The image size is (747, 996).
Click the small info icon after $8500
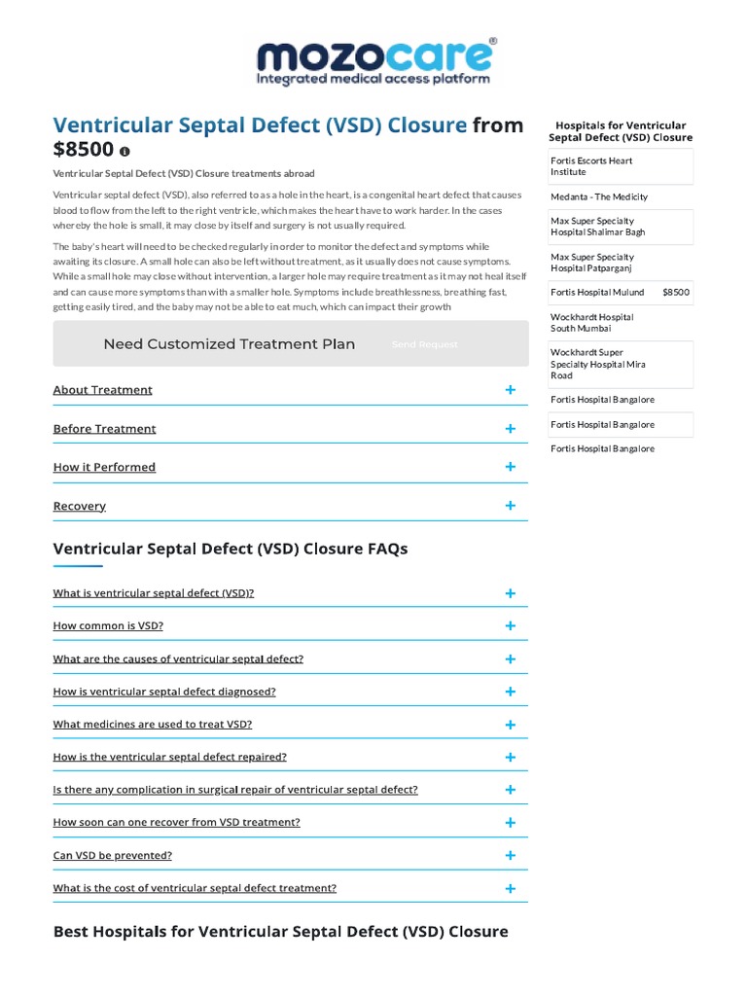124,152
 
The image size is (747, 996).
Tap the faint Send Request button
424,344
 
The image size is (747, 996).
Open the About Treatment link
102,390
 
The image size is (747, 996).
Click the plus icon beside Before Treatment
510,429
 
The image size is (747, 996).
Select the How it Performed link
104,468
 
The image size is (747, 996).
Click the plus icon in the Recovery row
510,506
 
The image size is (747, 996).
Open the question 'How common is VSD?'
108,626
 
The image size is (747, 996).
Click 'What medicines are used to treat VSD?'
152,725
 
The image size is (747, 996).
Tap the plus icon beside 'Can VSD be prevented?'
510,856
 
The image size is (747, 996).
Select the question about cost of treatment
195,888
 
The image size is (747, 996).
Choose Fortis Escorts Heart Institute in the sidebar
591,166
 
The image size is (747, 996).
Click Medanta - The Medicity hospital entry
598,196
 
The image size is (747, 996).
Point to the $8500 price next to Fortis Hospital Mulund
676,292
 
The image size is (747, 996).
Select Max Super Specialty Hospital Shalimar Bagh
597,227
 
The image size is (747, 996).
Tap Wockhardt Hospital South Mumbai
591,323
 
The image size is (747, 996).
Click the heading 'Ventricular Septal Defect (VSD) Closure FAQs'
231,549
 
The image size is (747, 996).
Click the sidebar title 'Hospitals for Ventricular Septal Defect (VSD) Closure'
621,131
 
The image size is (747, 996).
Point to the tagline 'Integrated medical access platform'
373,79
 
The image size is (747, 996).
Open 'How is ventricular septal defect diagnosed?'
164,692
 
